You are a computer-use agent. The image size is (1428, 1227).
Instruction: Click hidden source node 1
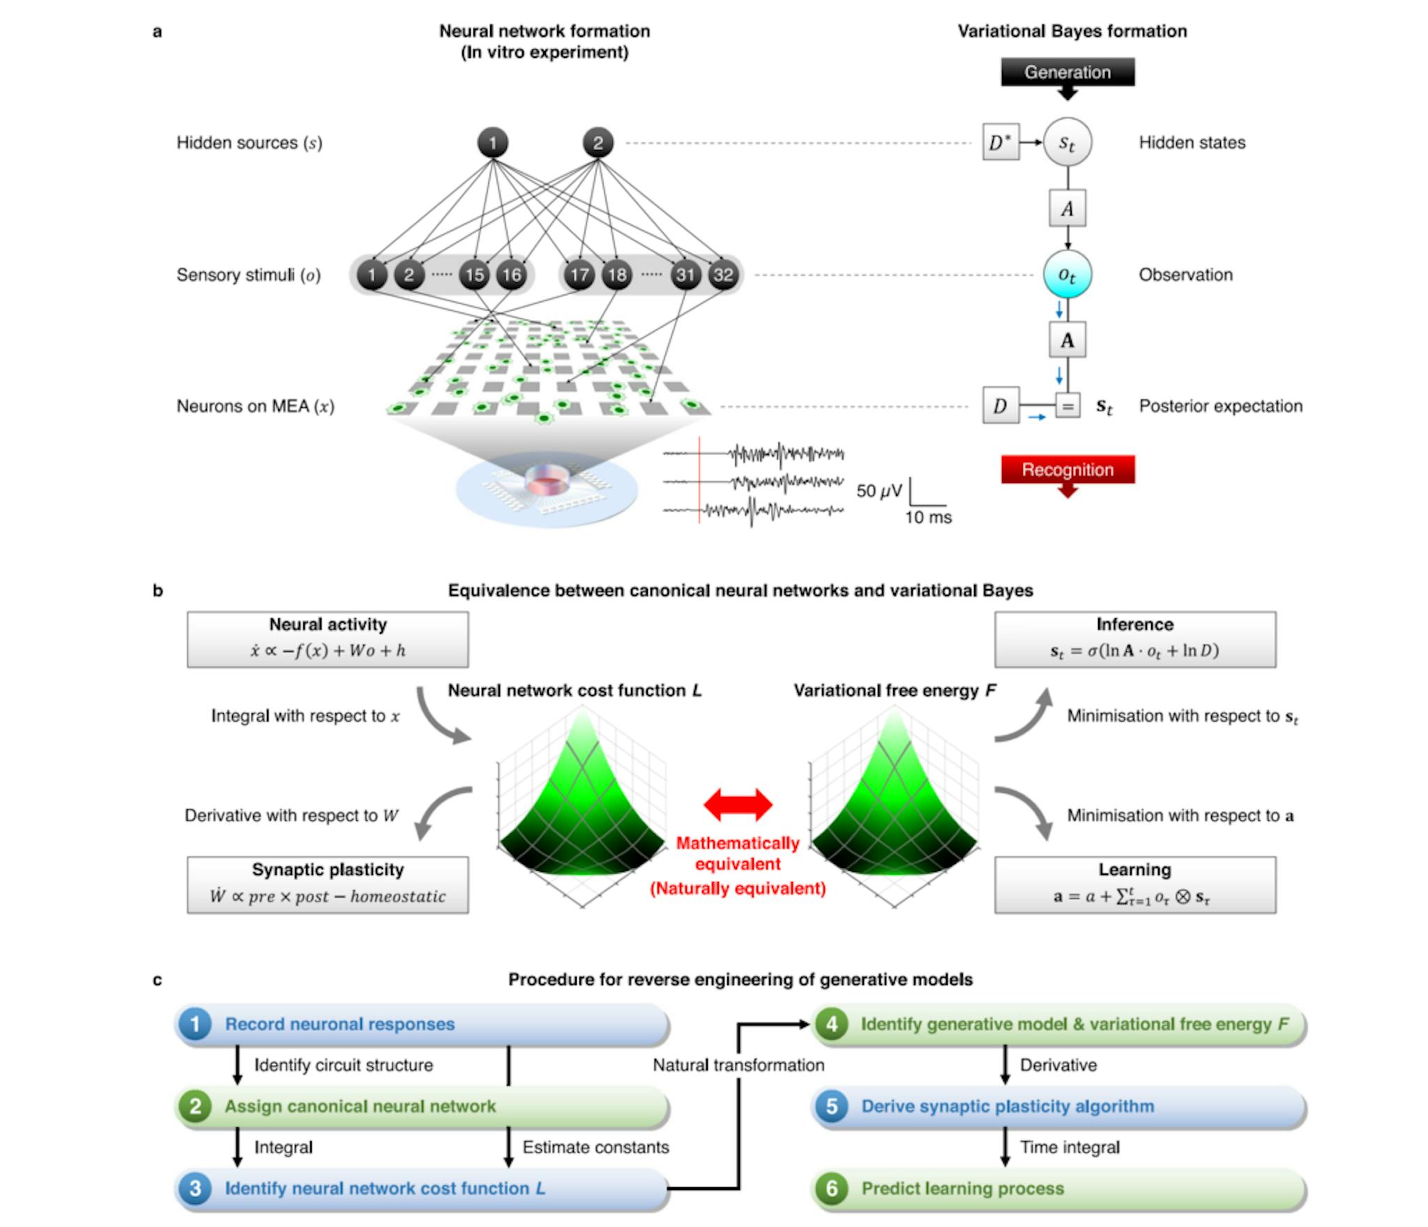click(492, 143)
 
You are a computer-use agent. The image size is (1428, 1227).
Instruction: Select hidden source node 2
click(598, 143)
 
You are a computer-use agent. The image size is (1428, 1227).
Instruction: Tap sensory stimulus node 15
click(474, 275)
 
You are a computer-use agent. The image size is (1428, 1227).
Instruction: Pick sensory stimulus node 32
click(723, 275)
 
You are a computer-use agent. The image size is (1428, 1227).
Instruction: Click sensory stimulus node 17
click(579, 275)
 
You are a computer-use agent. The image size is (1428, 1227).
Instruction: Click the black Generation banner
click(1068, 73)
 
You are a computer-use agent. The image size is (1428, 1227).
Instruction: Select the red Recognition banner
click(1068, 470)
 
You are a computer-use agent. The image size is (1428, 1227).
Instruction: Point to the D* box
click(1001, 142)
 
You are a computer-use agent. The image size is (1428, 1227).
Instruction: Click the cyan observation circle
click(1068, 274)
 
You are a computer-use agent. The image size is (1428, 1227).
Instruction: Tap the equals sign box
click(1068, 406)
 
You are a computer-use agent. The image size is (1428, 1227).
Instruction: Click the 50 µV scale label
click(879, 491)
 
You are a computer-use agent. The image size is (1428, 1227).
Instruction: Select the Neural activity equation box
click(328, 639)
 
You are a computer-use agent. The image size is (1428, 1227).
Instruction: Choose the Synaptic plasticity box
click(328, 885)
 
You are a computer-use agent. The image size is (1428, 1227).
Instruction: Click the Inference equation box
click(1135, 639)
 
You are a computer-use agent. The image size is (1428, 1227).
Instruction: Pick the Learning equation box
click(1135, 885)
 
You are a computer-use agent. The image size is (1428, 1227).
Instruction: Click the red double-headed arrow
click(738, 805)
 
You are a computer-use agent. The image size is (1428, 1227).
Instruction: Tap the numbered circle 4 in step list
click(832, 1024)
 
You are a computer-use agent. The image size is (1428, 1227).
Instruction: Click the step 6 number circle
click(832, 1189)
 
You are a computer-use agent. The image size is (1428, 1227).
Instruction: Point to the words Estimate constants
click(595, 1148)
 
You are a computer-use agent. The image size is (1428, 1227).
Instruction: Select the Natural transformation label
click(738, 1065)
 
